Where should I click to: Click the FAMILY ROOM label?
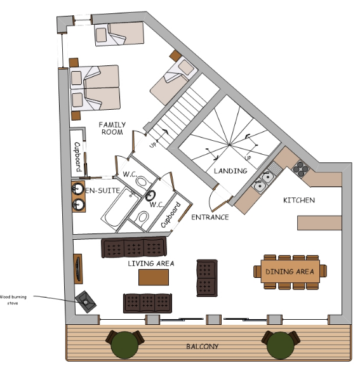tap(112, 128)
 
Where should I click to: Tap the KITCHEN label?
tap(299, 200)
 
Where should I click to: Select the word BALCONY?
tap(202, 346)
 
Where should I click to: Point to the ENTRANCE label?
tap(210, 217)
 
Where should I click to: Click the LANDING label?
tap(230, 171)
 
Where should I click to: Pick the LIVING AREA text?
tap(151, 263)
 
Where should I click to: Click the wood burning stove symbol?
tap(86, 301)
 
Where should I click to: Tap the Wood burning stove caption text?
tap(13, 300)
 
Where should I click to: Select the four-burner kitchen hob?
tap(300, 169)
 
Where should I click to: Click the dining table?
tap(290, 272)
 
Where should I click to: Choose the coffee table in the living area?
tap(154, 277)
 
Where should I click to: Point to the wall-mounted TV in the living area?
tap(78, 269)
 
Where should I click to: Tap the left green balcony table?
tap(124, 345)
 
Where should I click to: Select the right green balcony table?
tap(281, 345)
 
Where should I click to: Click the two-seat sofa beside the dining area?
tap(206, 278)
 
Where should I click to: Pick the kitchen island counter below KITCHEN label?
tap(319, 223)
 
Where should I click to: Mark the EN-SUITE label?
tap(102, 190)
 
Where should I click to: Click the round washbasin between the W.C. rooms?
tap(150, 195)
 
